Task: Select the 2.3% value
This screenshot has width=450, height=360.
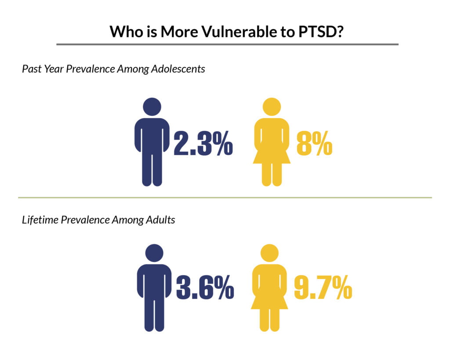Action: (203, 143)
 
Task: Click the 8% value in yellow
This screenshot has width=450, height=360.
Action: (314, 143)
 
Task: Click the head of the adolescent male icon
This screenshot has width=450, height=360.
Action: (152, 107)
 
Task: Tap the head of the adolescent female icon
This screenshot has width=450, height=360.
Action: (272, 107)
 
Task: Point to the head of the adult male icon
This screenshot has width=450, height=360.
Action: (154, 254)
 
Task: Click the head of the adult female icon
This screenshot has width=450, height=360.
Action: (269, 254)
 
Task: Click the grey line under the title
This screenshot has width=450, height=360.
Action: (227, 44)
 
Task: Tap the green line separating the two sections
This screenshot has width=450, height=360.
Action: (225, 198)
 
